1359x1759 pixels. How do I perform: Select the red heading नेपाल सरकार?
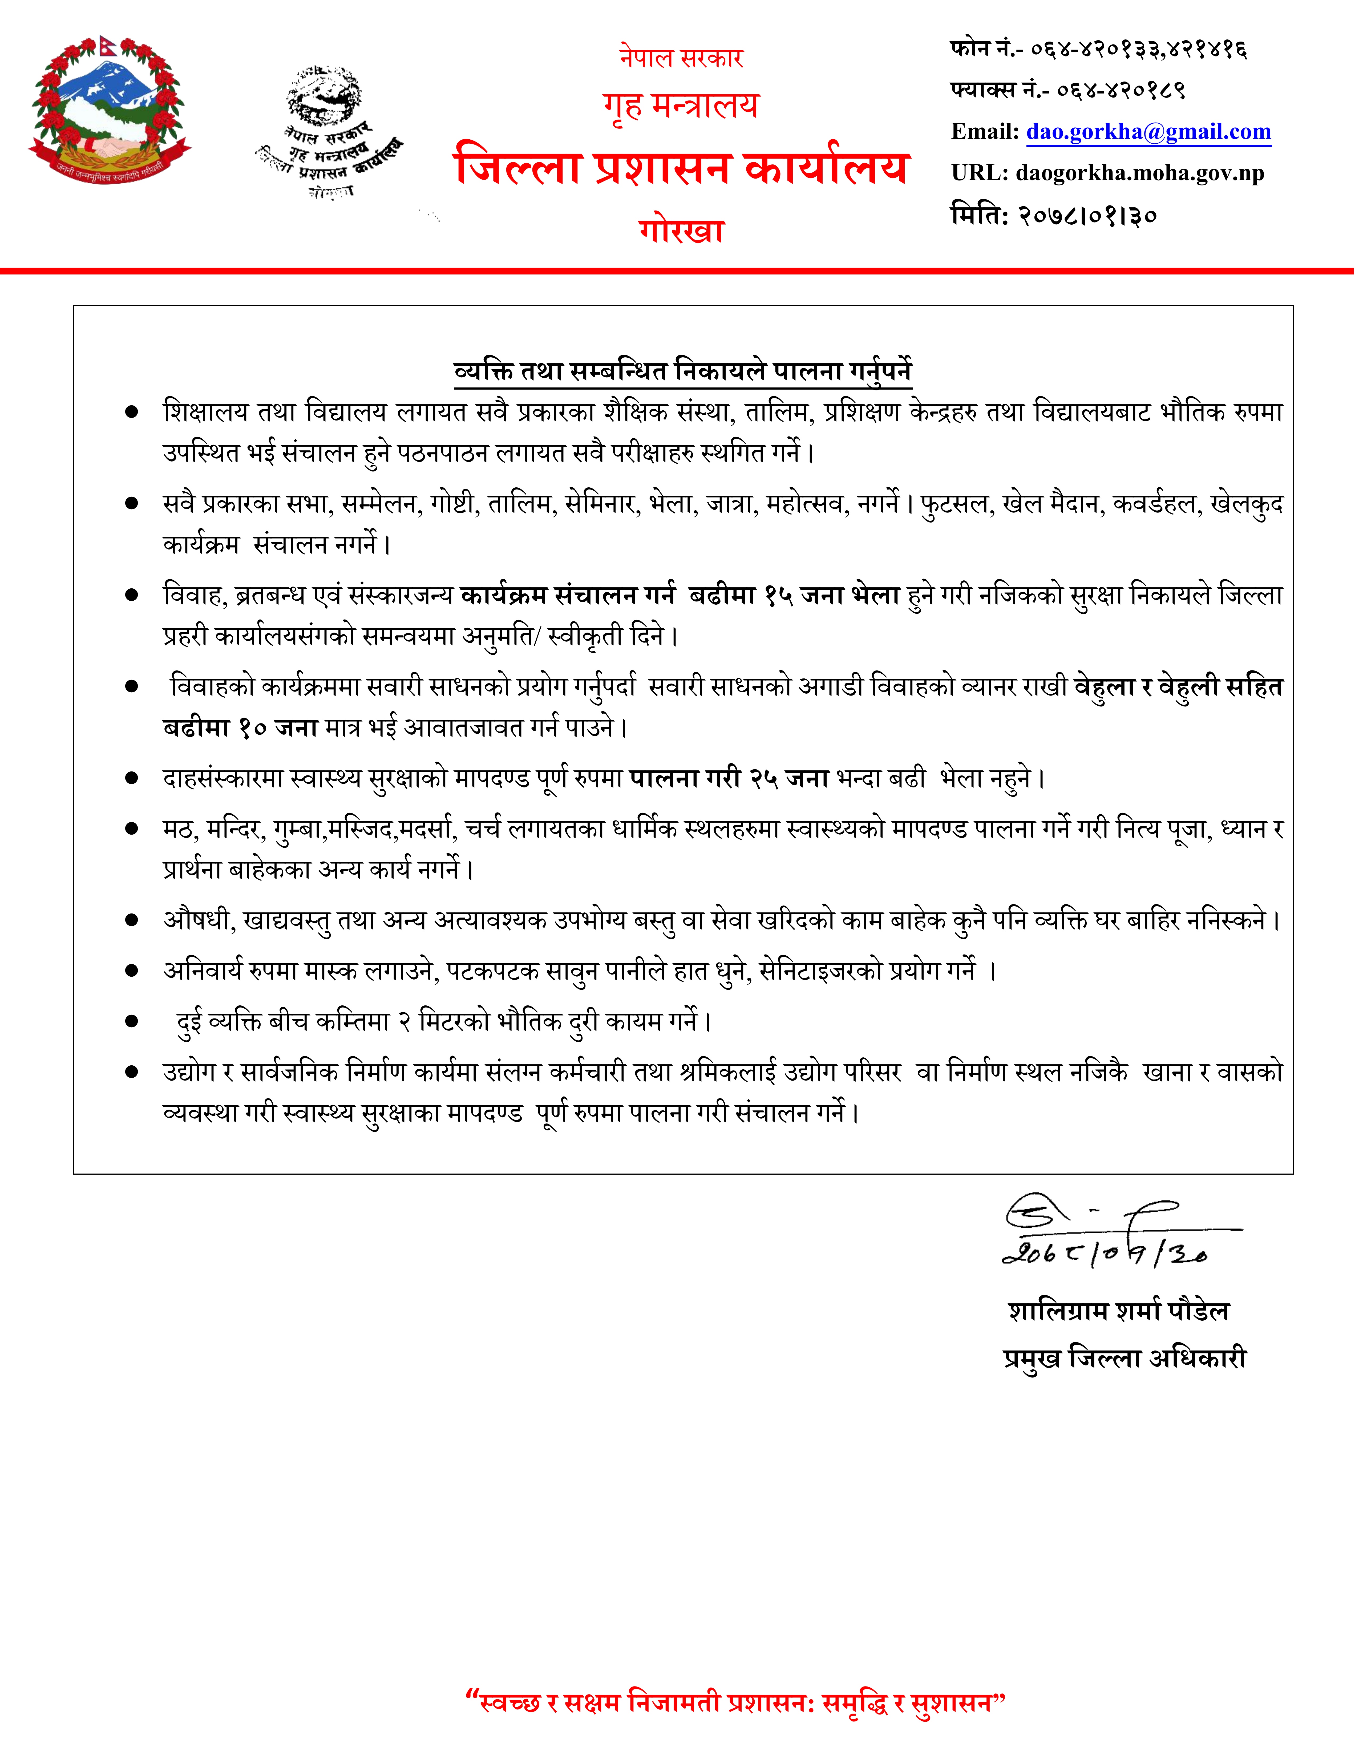tap(681, 58)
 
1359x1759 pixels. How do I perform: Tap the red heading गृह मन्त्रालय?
tap(681, 106)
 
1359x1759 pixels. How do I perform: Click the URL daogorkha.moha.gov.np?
tap(1140, 173)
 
